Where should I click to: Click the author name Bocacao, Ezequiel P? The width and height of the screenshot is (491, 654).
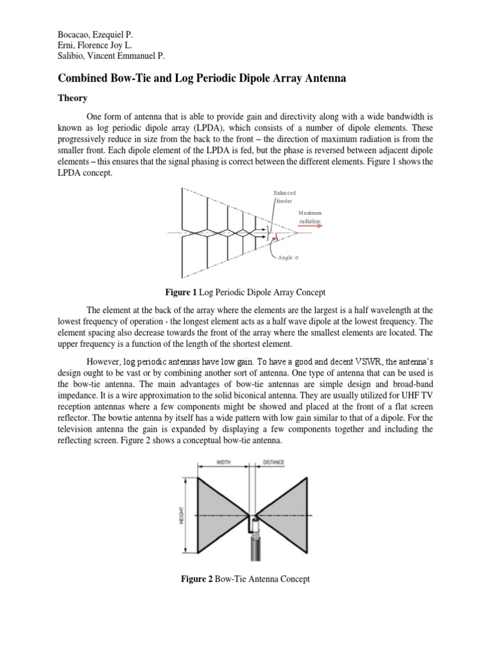pyautogui.click(x=91, y=33)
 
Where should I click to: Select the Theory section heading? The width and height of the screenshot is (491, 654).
pyautogui.click(x=73, y=99)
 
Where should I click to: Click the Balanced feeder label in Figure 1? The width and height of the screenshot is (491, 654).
pyautogui.click(x=284, y=196)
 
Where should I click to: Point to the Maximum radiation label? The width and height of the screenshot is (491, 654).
pyautogui.click(x=309, y=217)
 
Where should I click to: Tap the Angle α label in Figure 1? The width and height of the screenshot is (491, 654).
pyautogui.click(x=288, y=258)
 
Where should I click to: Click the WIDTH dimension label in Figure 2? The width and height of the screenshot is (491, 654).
pyautogui.click(x=224, y=461)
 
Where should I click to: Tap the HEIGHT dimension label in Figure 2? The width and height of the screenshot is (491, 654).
pyautogui.click(x=182, y=515)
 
